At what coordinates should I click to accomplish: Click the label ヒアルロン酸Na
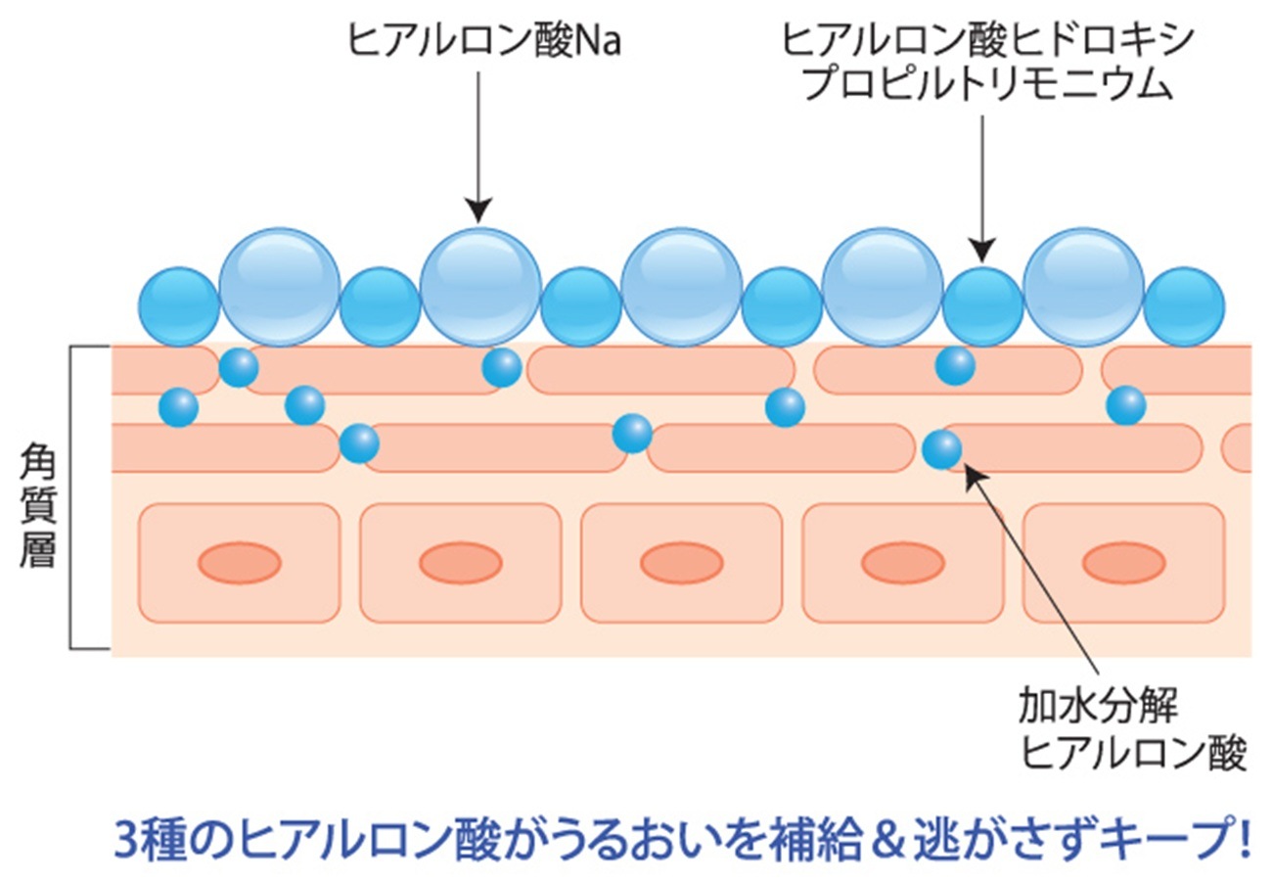tap(484, 41)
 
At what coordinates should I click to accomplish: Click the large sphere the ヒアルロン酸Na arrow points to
tap(479, 287)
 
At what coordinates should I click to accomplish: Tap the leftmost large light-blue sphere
tap(279, 287)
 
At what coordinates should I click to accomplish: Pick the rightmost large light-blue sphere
tap(1083, 287)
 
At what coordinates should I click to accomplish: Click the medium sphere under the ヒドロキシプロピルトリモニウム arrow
tap(982, 306)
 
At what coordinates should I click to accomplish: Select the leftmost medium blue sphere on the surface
tap(179, 306)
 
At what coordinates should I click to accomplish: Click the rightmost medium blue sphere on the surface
tap(1184, 306)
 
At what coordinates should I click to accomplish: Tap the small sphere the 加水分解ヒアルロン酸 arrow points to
tap(942, 449)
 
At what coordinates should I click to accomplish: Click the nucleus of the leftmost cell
tap(240, 563)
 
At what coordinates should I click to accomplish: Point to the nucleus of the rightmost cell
tap(1123, 563)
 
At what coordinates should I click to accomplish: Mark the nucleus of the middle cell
tap(682, 563)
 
